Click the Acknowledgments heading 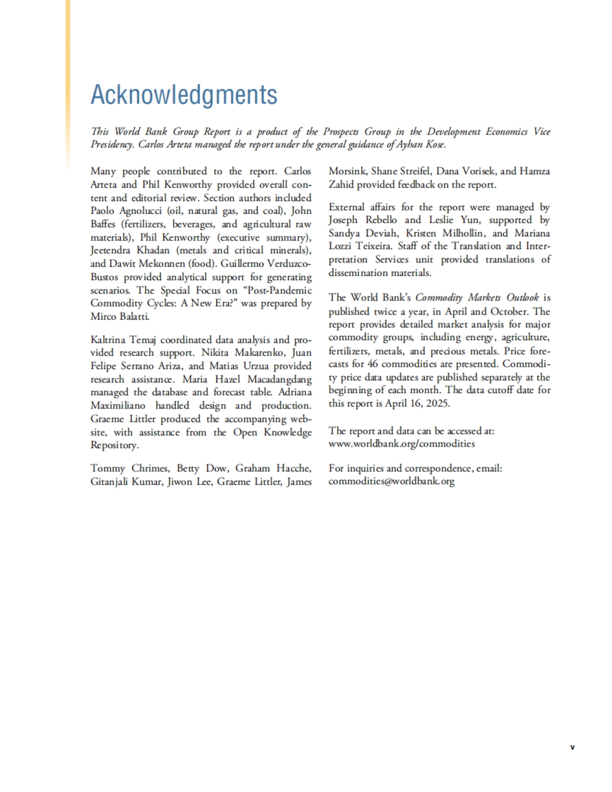click(x=184, y=95)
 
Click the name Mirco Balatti click(x=120, y=316)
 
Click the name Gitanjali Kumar click(x=126, y=481)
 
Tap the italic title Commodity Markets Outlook click(x=477, y=297)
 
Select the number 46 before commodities click(x=373, y=364)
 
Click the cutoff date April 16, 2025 click(x=415, y=403)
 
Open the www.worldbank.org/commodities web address click(x=401, y=444)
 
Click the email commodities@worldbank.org click(x=391, y=481)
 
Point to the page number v click(x=572, y=747)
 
